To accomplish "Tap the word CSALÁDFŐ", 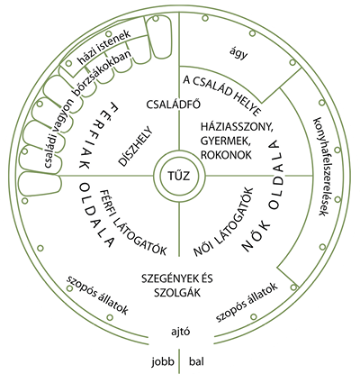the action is (x=174, y=105).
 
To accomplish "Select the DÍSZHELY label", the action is (x=136, y=147).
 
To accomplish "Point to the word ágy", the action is (x=238, y=54).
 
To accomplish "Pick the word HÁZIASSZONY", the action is (x=237, y=127).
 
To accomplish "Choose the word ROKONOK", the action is (x=226, y=155).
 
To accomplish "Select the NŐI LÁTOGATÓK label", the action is (x=223, y=223).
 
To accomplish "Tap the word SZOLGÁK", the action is (x=177, y=292).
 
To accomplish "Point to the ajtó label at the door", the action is (x=180, y=333).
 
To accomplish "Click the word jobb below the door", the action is (x=163, y=361).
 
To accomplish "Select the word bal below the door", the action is (x=196, y=361).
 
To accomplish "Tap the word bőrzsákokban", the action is (x=103, y=74).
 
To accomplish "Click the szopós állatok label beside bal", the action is (x=246, y=302).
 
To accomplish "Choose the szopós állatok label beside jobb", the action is (x=97, y=295).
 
